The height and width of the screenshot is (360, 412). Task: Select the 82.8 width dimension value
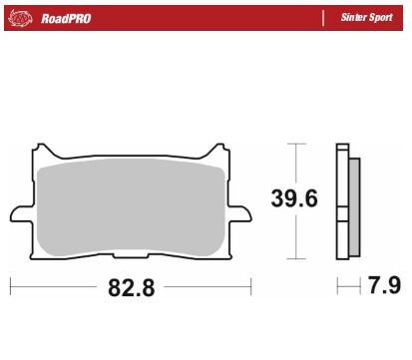(130, 289)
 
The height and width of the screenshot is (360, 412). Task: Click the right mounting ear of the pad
(240, 213)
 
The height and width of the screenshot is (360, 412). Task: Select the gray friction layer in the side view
(353, 207)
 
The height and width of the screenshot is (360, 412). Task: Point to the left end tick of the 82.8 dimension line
(11, 288)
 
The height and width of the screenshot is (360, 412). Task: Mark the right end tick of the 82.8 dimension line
(249, 288)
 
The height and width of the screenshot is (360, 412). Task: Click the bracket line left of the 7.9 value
(340, 288)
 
